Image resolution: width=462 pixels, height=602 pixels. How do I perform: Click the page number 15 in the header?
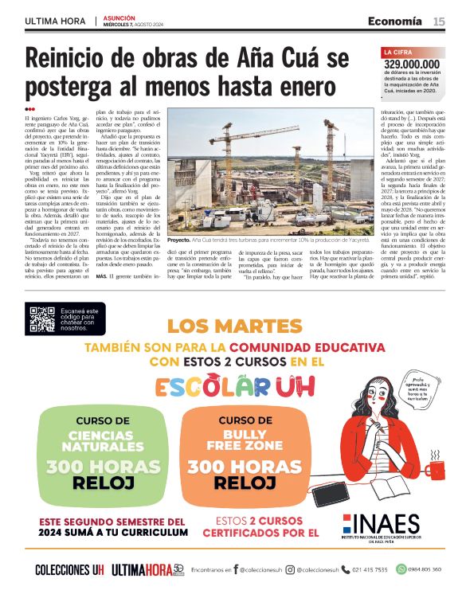(440, 21)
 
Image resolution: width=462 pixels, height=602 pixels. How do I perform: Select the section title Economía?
(396, 21)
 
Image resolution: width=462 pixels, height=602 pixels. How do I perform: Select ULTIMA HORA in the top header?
(57, 21)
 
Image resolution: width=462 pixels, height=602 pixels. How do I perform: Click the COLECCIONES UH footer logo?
(69, 569)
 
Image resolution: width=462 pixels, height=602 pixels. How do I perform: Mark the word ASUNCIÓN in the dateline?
(120, 17)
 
